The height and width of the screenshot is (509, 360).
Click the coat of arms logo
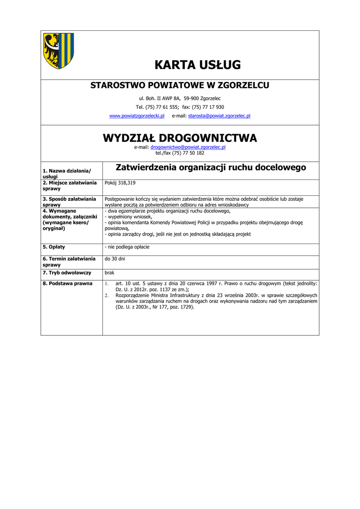(58, 51)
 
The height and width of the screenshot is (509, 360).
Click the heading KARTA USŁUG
(197, 65)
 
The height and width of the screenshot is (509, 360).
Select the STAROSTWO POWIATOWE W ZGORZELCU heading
(180, 85)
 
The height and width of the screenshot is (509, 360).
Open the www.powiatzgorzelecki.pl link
(137, 116)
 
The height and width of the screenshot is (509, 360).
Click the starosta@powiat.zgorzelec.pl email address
(219, 116)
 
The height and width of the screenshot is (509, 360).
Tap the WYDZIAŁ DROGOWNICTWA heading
(180, 138)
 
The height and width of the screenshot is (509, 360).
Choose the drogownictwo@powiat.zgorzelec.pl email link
(188, 148)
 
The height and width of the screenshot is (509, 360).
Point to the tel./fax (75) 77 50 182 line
(180, 153)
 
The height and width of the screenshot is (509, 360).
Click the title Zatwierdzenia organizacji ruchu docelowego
(211, 168)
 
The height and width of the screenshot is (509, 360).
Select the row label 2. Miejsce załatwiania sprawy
(70, 186)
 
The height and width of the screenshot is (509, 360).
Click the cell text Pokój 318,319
(120, 183)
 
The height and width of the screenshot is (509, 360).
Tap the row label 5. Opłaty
(54, 247)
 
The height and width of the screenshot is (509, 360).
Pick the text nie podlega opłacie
(128, 247)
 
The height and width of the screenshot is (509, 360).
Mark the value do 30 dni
(115, 259)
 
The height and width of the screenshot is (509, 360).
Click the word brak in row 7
(109, 273)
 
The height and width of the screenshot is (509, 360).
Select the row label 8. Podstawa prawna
(68, 283)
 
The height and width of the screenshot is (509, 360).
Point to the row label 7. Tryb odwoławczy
(67, 273)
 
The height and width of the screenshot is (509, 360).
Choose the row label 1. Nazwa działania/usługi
(67, 173)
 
